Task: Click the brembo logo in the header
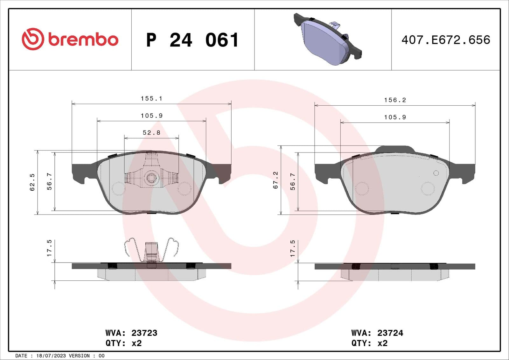click(x=70, y=39)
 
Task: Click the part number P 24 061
click(x=192, y=40)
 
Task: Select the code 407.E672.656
click(x=445, y=40)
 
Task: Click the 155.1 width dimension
click(x=151, y=99)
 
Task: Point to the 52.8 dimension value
click(x=151, y=133)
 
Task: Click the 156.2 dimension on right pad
click(x=395, y=100)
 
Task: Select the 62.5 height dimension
click(x=32, y=182)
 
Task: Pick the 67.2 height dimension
click(x=275, y=180)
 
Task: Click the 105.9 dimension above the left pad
click(x=151, y=116)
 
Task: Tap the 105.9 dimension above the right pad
click(x=395, y=117)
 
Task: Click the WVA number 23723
click(x=144, y=333)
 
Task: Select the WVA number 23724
click(x=390, y=333)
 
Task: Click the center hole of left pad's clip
click(x=151, y=178)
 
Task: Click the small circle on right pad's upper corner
click(x=436, y=173)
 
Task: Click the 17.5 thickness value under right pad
click(x=293, y=249)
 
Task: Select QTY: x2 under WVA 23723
click(x=123, y=343)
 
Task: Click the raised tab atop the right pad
click(x=395, y=149)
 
